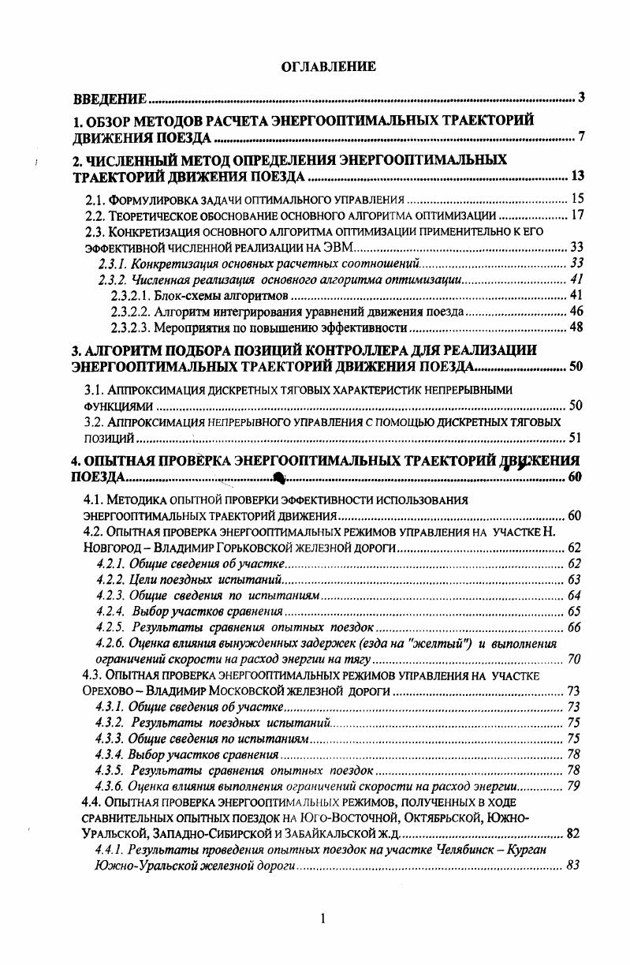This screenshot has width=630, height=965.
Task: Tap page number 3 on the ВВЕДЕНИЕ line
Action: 580,99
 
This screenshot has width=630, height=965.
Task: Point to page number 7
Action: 580,138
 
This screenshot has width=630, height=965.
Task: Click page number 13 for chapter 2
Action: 576,175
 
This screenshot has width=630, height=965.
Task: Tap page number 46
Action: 576,312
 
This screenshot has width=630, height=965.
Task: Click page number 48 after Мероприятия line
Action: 576,327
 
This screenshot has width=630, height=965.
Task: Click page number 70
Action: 574,659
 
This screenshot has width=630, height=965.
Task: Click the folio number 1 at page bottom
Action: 322,918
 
